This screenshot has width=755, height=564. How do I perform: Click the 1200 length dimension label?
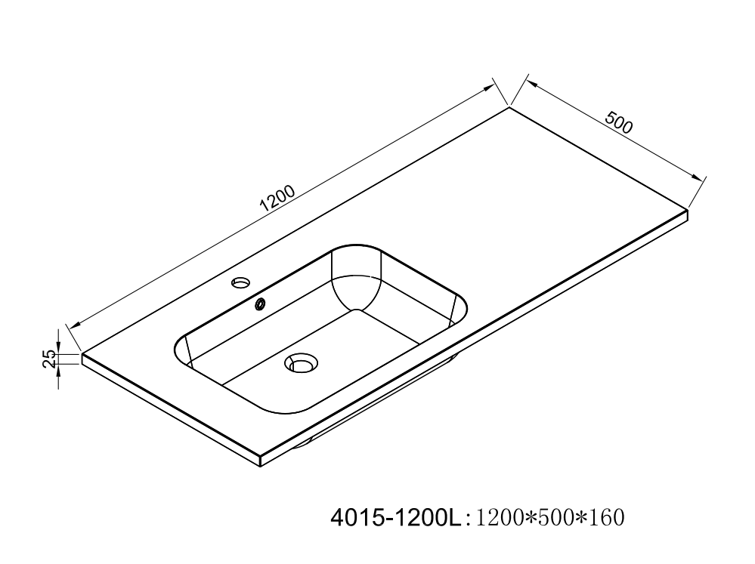[x=277, y=199]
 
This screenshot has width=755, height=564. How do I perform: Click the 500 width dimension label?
[x=619, y=122]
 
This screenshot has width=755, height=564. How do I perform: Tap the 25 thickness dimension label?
[x=50, y=359]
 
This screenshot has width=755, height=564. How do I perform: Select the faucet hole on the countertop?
[x=241, y=282]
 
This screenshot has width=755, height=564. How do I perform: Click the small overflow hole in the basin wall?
[x=260, y=304]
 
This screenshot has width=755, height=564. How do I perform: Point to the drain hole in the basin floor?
[x=302, y=362]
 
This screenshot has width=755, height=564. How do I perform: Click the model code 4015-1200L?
[x=395, y=518]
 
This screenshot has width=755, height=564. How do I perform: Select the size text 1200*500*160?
[x=550, y=518]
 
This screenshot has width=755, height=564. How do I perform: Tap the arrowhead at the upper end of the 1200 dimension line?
[x=489, y=88]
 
